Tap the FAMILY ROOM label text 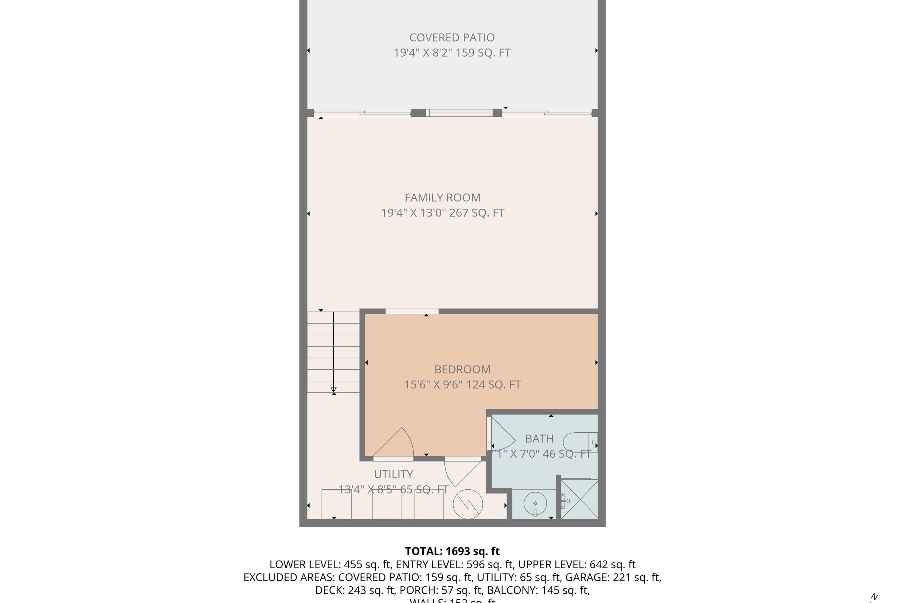(443, 198)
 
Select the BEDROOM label (462, 370)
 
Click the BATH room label (539, 439)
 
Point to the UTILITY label (393, 475)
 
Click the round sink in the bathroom (535, 504)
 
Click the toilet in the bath (577, 442)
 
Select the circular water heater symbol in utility (468, 504)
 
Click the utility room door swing (460, 475)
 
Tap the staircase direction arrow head (334, 390)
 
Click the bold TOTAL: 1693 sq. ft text (452, 551)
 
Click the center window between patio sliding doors (459, 113)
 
